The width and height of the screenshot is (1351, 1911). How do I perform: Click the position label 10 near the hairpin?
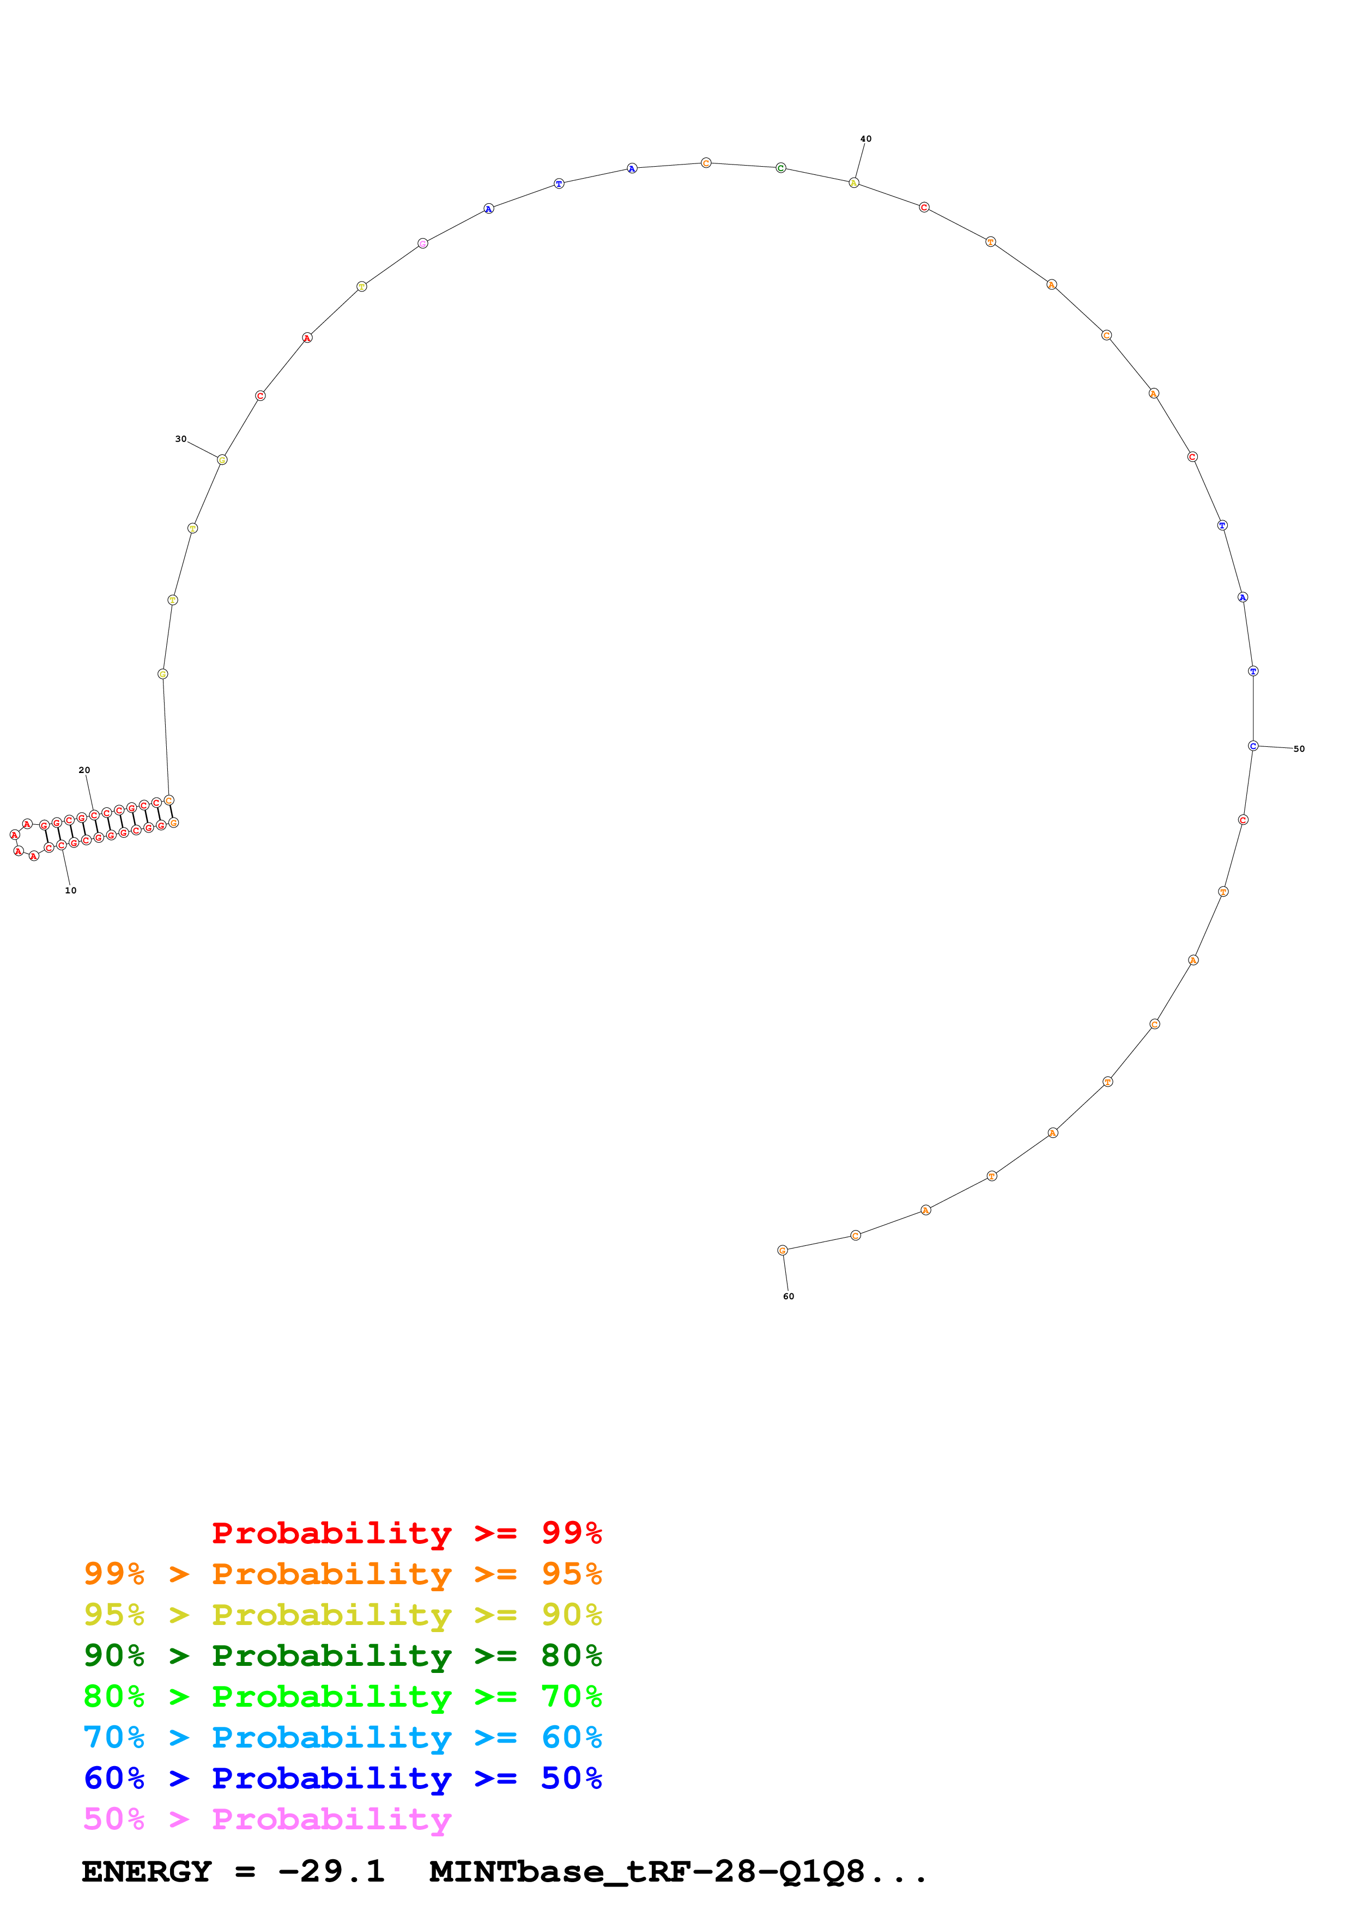pyautogui.click(x=71, y=891)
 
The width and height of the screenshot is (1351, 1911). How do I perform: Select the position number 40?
pyautogui.click(x=866, y=139)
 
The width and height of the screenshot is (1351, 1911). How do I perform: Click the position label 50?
pyautogui.click(x=1299, y=749)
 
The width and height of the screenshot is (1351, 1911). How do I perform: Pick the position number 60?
pyautogui.click(x=788, y=1296)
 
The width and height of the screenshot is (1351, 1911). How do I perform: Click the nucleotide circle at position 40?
pyautogui.click(x=853, y=182)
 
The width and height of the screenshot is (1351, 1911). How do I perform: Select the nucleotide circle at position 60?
pyautogui.click(x=783, y=1250)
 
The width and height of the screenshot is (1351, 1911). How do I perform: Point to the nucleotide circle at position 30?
pyautogui.click(x=222, y=459)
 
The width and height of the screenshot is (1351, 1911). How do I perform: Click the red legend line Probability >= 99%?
pyautogui.click(x=406, y=1532)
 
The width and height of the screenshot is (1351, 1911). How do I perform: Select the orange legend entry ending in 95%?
pyautogui.click(x=342, y=1574)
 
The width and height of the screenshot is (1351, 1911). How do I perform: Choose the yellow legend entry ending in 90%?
pyautogui.click(x=342, y=1615)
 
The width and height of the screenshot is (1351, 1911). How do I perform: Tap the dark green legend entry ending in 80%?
pyautogui.click(x=342, y=1656)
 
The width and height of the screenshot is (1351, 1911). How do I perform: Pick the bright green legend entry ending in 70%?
pyautogui.click(x=342, y=1696)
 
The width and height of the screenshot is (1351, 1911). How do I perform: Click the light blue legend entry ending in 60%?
pyautogui.click(x=342, y=1737)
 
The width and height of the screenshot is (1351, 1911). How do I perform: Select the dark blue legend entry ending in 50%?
pyautogui.click(x=342, y=1778)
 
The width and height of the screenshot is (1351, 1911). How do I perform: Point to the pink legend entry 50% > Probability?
pyautogui.click(x=267, y=1818)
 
